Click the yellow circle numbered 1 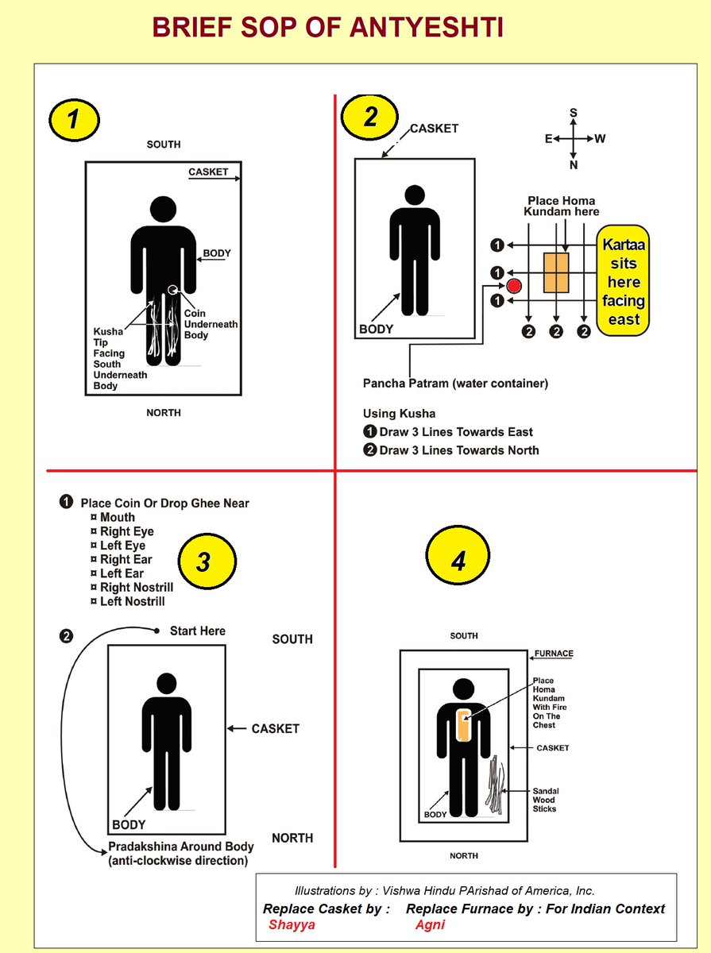[x=74, y=119]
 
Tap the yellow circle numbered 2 [x=370, y=117]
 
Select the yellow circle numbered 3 [x=203, y=562]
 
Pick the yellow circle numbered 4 [x=458, y=561]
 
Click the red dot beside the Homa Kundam [x=514, y=286]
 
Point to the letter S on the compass [x=573, y=114]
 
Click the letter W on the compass [x=600, y=139]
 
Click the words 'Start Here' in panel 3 [x=198, y=631]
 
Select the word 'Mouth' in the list [x=117, y=518]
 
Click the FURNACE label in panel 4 [x=554, y=654]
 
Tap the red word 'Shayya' [x=292, y=925]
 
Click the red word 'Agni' [x=430, y=925]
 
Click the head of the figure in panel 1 [x=164, y=210]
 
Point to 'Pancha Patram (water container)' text [x=455, y=384]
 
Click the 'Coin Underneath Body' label [x=211, y=324]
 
